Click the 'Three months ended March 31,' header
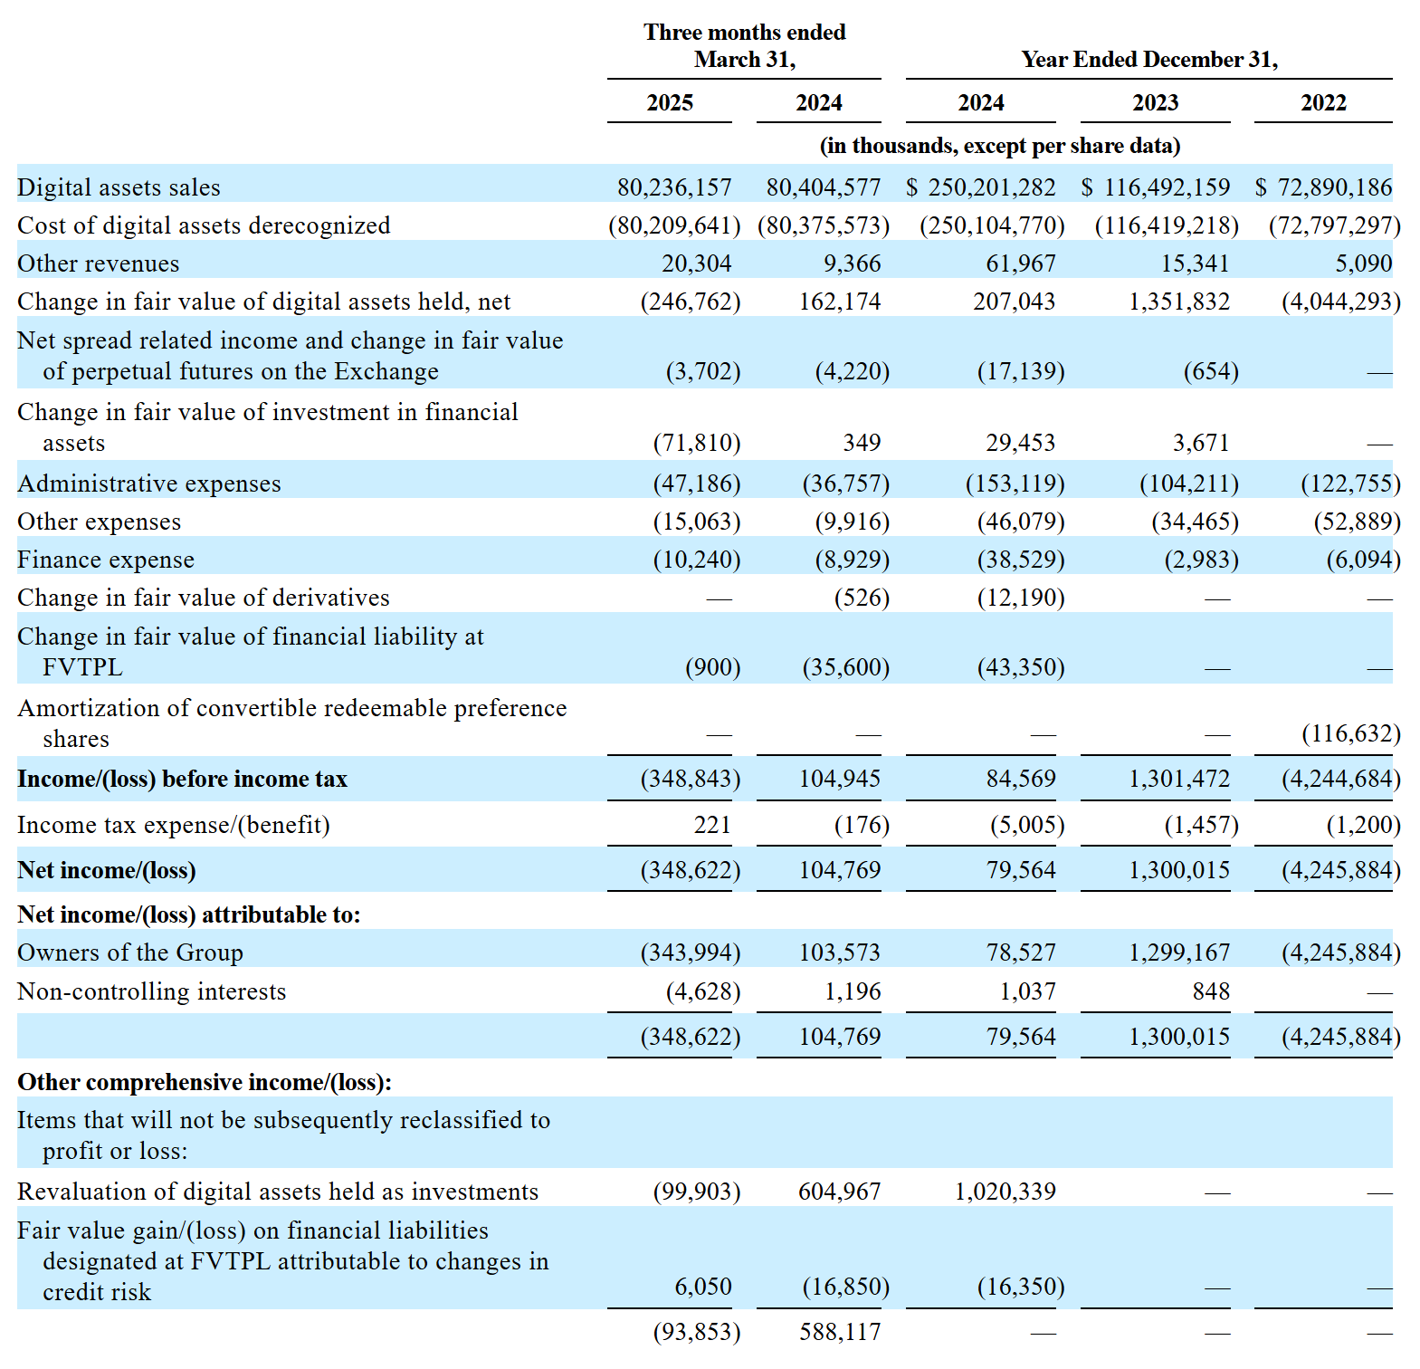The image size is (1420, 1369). (x=744, y=45)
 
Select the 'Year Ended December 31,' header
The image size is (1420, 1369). (x=1149, y=60)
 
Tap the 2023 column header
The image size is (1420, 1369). (x=1155, y=103)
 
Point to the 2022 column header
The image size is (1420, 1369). (x=1323, y=103)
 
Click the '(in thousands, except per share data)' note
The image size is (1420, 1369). (x=999, y=146)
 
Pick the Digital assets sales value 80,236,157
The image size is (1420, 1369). (x=674, y=187)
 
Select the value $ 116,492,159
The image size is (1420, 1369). (x=1156, y=187)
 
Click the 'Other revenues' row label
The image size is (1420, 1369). (x=99, y=263)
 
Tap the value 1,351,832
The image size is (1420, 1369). (x=1179, y=302)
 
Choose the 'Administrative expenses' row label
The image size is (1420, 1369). (x=149, y=483)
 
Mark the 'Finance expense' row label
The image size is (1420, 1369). (x=106, y=560)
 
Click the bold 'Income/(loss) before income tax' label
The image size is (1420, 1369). (x=182, y=780)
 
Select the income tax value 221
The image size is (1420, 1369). (x=712, y=825)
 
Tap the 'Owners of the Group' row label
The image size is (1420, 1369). (x=130, y=953)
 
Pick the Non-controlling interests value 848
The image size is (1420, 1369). (x=1211, y=991)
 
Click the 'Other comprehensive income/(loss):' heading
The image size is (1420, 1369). (x=205, y=1082)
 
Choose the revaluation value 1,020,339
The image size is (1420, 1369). (x=1005, y=1192)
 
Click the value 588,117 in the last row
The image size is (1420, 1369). (x=840, y=1332)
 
